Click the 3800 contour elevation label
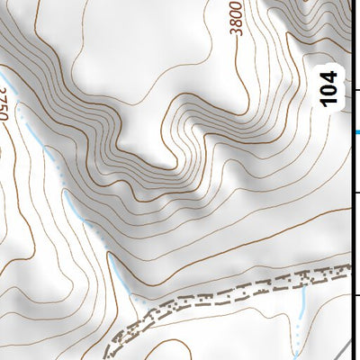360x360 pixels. (x=237, y=17)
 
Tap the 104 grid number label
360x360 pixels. (x=330, y=89)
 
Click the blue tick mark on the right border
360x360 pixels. (x=356, y=132)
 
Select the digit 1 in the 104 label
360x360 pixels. (x=330, y=102)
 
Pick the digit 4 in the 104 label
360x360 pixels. (x=330, y=77)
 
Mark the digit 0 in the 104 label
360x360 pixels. (x=330, y=89)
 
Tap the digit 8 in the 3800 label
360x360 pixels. (x=237, y=22)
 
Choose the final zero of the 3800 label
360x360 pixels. (x=237, y=4)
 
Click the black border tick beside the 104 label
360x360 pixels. (x=356, y=90)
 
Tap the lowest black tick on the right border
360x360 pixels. (x=356, y=295)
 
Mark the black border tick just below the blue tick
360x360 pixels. (x=356, y=193)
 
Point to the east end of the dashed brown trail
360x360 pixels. (x=346, y=269)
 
